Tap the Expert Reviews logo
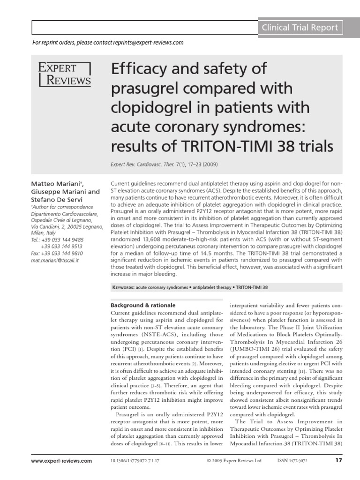(x=64, y=74)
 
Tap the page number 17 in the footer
(x=339, y=461)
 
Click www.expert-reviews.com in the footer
(x=62, y=461)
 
